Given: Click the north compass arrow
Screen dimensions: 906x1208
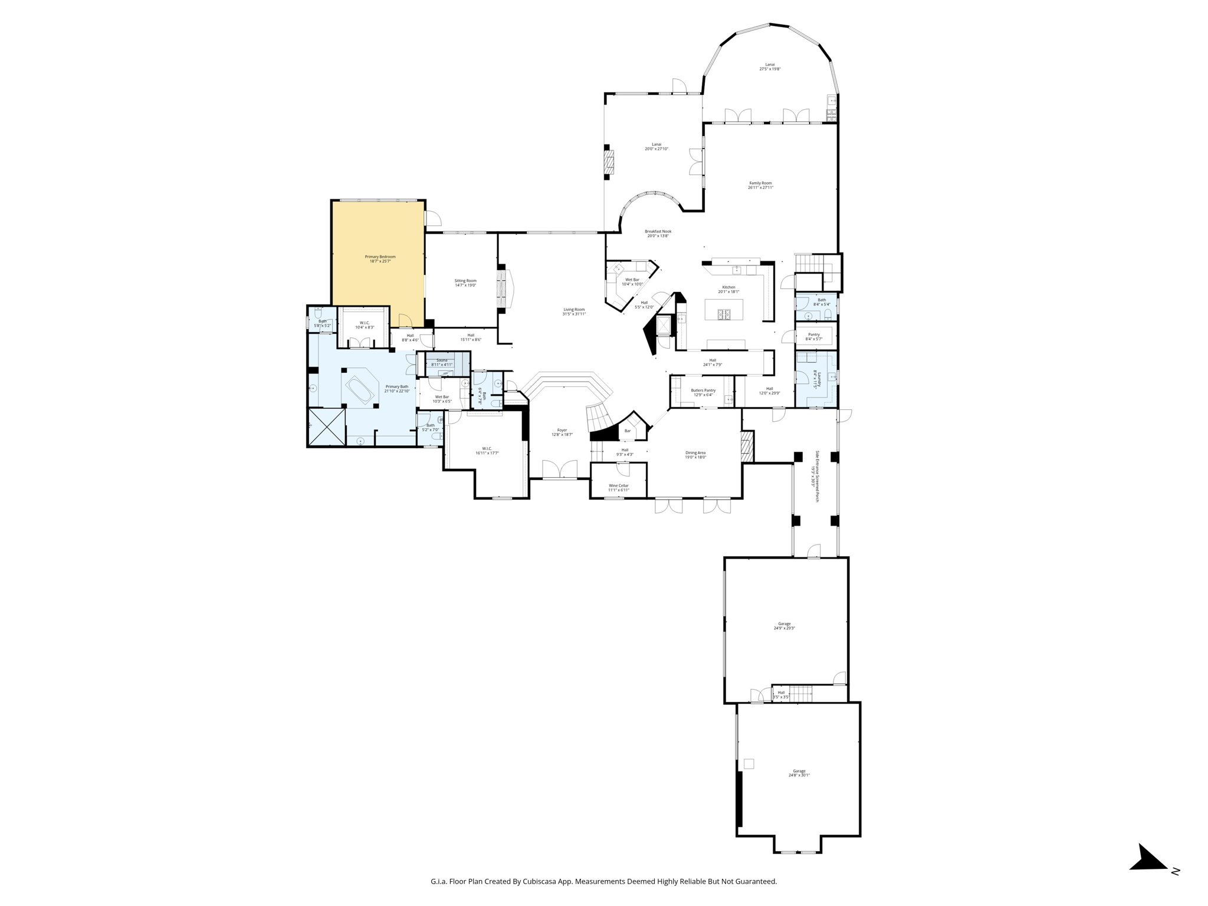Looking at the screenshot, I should pos(1147,859).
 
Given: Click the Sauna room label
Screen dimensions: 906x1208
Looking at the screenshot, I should pos(442,360).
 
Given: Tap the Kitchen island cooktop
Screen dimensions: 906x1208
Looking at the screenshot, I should pos(724,314).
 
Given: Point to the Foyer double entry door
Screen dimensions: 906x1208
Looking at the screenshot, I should pos(559,470).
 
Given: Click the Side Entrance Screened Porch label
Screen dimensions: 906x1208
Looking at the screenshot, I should pos(817,476).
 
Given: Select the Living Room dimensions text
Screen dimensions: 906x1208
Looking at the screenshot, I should pos(573,314).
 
